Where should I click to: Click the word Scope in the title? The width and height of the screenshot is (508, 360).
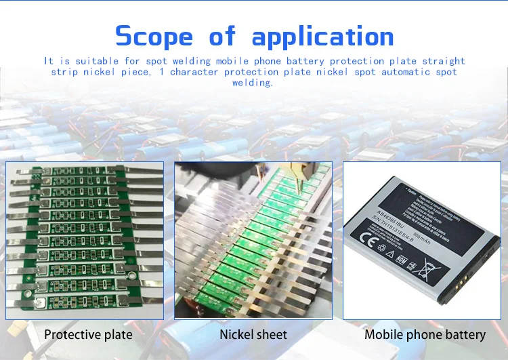[x=155, y=36]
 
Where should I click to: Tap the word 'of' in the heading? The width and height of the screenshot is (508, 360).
[x=222, y=36]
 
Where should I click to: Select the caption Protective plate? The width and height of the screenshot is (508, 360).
[x=88, y=334]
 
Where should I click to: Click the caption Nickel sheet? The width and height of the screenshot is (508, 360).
[x=253, y=334]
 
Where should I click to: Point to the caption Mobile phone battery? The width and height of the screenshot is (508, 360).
[x=425, y=334]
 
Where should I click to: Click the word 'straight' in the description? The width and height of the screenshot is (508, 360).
[x=444, y=61]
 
